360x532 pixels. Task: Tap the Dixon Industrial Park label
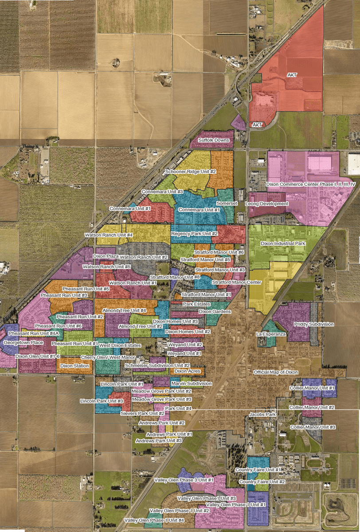tap(283, 243)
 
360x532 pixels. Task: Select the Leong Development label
tap(266, 204)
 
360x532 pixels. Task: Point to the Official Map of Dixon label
tap(276, 372)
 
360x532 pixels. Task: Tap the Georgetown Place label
tap(23, 343)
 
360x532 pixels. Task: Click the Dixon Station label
tap(75, 366)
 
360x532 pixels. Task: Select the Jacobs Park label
tap(262, 414)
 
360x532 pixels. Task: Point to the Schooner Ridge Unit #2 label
tap(190, 171)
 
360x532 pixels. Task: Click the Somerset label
tap(225, 203)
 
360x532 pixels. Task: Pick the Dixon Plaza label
tap(105, 256)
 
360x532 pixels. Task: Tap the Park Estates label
tap(196, 305)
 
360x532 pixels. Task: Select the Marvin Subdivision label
tap(192, 383)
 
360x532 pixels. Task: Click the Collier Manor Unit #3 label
tap(313, 426)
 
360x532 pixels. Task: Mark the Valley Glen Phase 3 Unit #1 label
tap(184, 480)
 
